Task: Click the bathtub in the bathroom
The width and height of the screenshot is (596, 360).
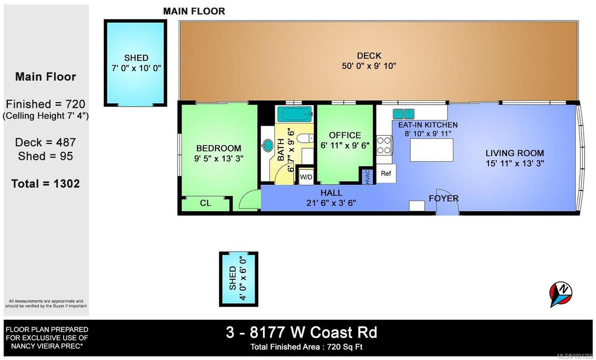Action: [294, 114]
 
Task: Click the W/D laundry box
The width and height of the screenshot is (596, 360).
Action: [306, 177]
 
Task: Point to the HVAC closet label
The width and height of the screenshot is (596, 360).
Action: [367, 176]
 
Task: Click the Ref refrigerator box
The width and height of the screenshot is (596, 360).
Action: [386, 173]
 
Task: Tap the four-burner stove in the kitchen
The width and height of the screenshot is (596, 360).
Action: [384, 145]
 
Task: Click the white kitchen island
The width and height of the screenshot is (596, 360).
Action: [431, 150]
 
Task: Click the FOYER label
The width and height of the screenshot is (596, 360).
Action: [443, 198]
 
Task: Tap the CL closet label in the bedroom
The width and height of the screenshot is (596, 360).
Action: [206, 203]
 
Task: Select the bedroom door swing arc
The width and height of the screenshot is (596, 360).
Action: [249, 200]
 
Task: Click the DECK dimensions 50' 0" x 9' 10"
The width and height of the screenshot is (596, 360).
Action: [369, 66]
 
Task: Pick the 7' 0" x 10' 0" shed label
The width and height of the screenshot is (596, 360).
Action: [136, 68]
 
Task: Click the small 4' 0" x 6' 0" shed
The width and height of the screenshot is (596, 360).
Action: [238, 279]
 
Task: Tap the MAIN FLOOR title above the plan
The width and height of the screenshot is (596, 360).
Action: [194, 11]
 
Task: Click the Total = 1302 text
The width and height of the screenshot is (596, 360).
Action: [46, 184]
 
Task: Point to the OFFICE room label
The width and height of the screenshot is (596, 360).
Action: [345, 135]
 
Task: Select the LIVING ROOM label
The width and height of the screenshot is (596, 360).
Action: [514, 153]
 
